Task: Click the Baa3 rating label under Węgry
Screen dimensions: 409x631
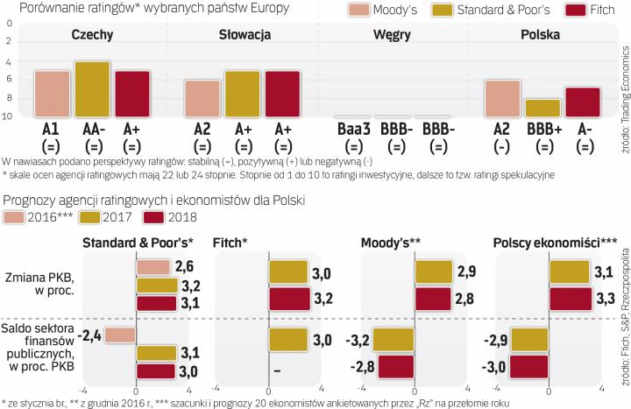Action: tap(353, 129)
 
